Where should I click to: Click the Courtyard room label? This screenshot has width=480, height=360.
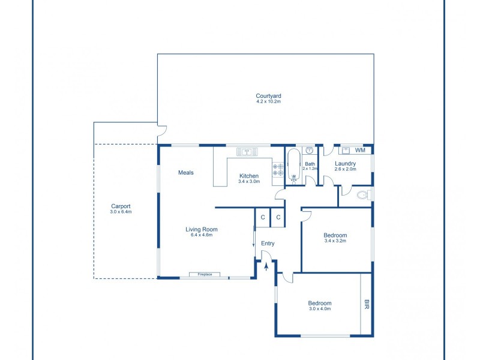click(x=268, y=96)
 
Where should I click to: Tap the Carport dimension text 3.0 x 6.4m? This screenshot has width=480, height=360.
click(x=121, y=212)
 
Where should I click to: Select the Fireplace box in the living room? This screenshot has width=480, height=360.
click(x=205, y=275)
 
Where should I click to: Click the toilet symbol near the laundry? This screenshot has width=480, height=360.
click(x=362, y=195)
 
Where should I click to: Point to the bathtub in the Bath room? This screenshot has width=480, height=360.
click(x=294, y=166)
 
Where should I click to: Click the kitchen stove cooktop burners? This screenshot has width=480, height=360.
click(x=278, y=170)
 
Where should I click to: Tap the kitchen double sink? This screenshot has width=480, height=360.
click(x=247, y=152)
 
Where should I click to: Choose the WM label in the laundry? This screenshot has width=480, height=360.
click(x=360, y=151)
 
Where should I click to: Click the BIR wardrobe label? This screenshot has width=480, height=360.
click(x=367, y=304)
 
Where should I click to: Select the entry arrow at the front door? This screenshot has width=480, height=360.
click(x=266, y=266)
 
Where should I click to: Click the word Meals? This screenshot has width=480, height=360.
click(x=186, y=173)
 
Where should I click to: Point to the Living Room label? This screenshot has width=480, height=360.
click(x=202, y=229)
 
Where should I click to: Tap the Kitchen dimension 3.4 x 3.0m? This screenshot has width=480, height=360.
click(x=249, y=182)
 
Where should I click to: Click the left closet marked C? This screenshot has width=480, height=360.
click(x=263, y=217)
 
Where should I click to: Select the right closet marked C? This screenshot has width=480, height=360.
click(x=278, y=217)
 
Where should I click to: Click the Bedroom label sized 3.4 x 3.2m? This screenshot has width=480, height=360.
click(x=335, y=235)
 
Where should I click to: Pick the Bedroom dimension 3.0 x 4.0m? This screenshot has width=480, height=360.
click(x=320, y=309)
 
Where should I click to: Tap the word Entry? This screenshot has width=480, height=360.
click(x=268, y=244)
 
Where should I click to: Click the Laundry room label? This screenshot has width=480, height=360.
click(x=345, y=163)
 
